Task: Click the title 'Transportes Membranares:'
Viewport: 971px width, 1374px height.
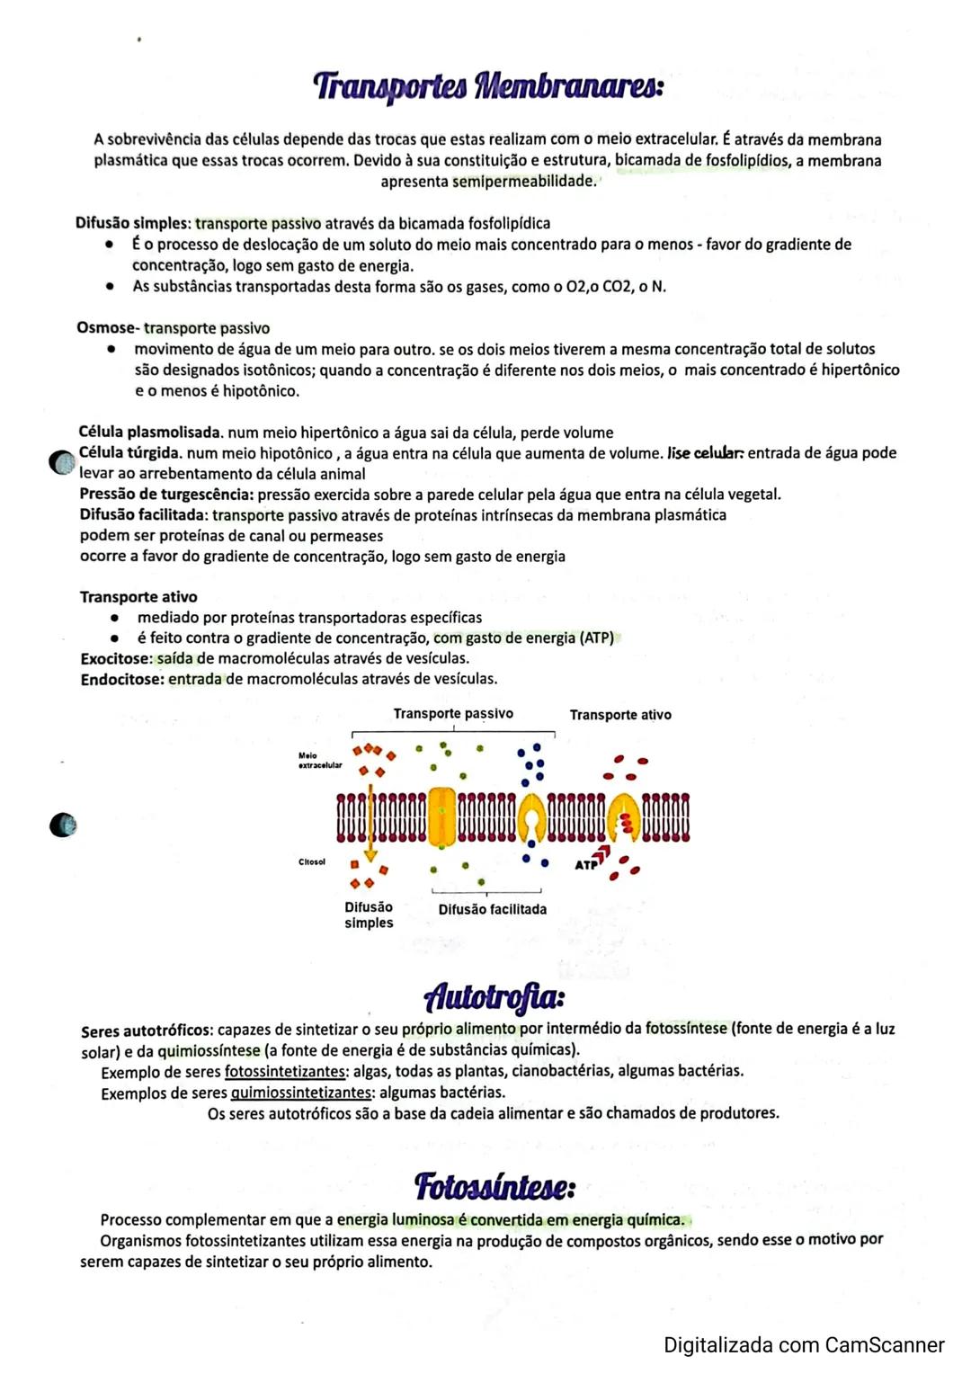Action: [x=488, y=87]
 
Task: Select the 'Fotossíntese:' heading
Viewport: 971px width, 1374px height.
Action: [x=494, y=1186]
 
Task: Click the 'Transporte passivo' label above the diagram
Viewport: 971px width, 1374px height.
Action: [x=453, y=713]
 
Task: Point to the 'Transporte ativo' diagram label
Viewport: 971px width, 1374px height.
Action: [x=620, y=715]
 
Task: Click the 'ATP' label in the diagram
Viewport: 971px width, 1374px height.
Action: [x=585, y=865]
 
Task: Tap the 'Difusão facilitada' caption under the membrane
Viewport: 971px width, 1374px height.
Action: [x=492, y=909]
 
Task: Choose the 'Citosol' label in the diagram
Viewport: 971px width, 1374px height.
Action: [x=312, y=861]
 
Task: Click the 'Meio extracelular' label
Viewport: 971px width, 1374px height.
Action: [x=319, y=761]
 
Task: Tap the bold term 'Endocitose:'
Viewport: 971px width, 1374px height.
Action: [x=122, y=679]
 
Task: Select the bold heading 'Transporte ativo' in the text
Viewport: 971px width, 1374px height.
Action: [x=138, y=597]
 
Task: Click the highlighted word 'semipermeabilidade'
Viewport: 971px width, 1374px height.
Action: [x=523, y=181]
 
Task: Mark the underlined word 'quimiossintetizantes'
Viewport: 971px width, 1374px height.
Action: [x=301, y=1093]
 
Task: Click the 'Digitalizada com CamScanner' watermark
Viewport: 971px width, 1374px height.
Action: [x=804, y=1345]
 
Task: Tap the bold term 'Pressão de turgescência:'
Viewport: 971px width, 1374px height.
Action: [x=166, y=495]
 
